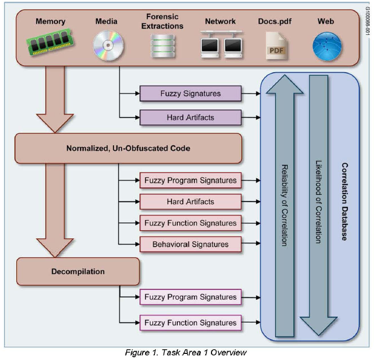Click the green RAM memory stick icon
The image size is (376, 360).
(50, 44)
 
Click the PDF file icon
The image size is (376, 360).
(275, 46)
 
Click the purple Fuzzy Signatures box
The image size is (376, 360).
(190, 94)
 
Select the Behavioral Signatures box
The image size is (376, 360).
(190, 244)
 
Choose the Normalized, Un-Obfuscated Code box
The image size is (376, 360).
(128, 149)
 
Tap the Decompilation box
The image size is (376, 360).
(78, 271)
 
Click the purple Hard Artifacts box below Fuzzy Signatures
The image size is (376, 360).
(190, 118)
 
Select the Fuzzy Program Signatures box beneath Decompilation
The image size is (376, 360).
(190, 297)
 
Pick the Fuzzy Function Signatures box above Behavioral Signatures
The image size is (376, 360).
(190, 223)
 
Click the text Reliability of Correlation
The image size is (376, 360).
(285, 205)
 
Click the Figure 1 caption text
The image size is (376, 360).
(187, 352)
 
